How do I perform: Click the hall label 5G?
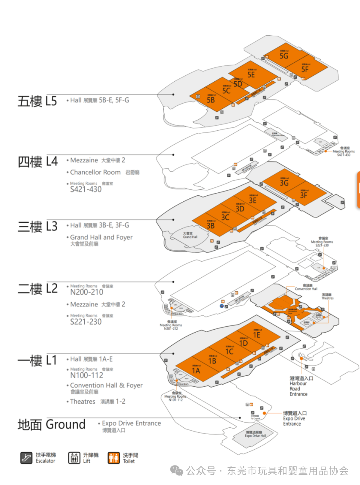[284, 56]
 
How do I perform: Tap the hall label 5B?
[211, 100]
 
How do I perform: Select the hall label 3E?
[253, 200]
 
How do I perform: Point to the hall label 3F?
[303, 195]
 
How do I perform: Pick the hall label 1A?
[196, 371]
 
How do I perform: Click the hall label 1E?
[256, 335]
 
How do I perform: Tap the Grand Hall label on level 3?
[190, 235]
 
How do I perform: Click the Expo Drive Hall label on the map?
[255, 434]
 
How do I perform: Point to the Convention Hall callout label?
[306, 287]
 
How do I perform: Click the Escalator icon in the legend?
[26, 458]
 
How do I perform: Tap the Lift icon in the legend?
[74, 458]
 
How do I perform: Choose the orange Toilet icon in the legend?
[114, 458]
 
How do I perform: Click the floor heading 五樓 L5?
[37, 101]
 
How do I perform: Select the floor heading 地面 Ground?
[52, 424]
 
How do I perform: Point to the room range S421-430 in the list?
[86, 189]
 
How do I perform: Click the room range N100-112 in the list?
[87, 375]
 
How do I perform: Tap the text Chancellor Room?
[95, 172]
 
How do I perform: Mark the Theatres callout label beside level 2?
[327, 297]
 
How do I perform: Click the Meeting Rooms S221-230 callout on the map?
[322, 242]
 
